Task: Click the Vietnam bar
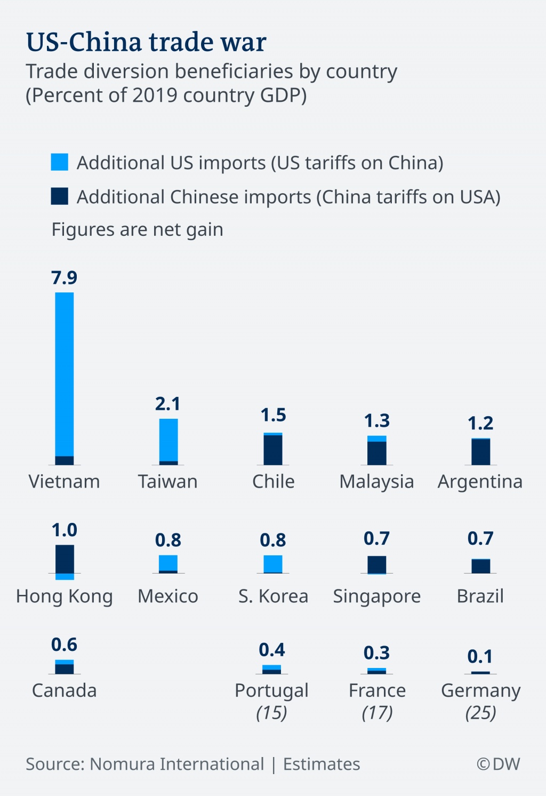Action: coord(65,378)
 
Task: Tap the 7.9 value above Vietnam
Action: coord(64,278)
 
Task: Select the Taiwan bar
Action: coord(168,442)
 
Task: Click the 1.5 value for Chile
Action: coord(273,415)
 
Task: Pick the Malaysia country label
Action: coord(376,482)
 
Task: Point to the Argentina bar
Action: coord(480,452)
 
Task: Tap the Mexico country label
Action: coord(168,596)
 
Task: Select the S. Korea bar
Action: coord(273,564)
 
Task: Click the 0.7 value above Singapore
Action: coord(376,539)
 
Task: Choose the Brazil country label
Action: coord(480,596)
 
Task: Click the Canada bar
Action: coord(65,667)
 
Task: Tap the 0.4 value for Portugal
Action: coord(272,650)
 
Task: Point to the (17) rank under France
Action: coord(377,713)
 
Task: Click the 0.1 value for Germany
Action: coord(480,657)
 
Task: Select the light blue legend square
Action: coord(60,162)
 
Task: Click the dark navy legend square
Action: coord(60,196)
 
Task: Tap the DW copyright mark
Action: coord(498,764)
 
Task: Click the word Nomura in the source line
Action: coord(123,764)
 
